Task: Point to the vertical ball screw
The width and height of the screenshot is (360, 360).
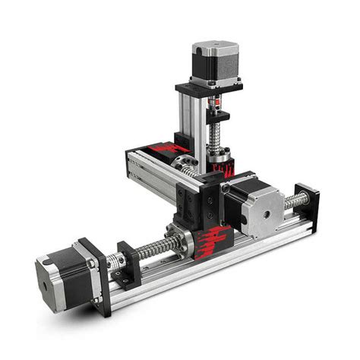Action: tap(216, 137)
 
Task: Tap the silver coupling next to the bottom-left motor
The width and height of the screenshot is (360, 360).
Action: tap(115, 263)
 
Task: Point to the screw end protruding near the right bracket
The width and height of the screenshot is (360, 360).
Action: tap(296, 201)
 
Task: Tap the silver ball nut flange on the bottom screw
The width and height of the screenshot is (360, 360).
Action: tap(183, 242)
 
